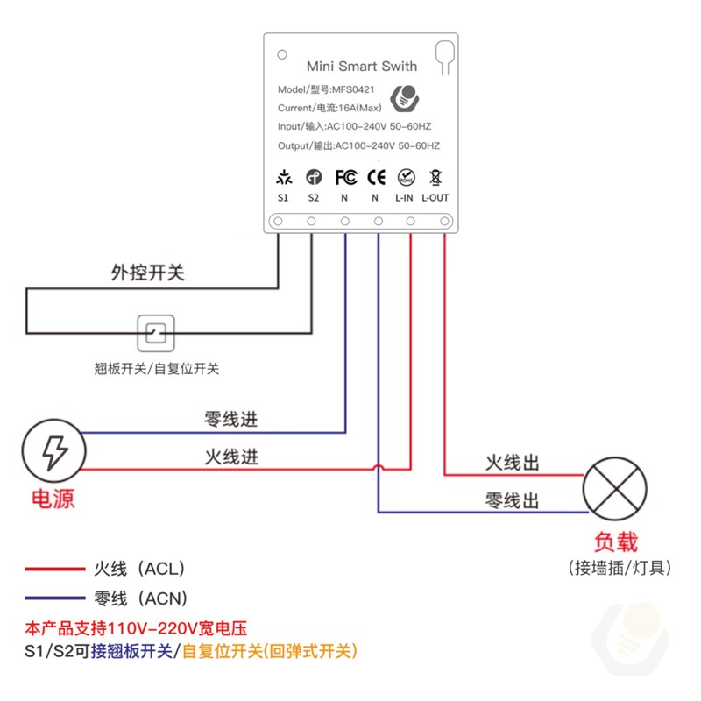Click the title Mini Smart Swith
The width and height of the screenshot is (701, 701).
pyautogui.click(x=362, y=66)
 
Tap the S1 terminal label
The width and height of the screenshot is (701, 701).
pyautogui.click(x=283, y=198)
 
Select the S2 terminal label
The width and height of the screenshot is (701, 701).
pyautogui.click(x=314, y=198)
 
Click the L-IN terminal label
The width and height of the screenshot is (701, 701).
pyautogui.click(x=404, y=198)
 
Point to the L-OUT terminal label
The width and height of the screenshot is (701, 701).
pyautogui.click(x=435, y=198)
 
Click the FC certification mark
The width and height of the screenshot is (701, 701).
pyautogui.click(x=346, y=177)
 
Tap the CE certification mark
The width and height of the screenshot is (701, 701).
pyautogui.click(x=376, y=177)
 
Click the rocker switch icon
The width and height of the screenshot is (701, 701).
pyautogui.click(x=157, y=334)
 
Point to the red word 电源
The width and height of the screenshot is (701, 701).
pyautogui.click(x=53, y=499)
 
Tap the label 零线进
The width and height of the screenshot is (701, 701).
pyautogui.click(x=231, y=419)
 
